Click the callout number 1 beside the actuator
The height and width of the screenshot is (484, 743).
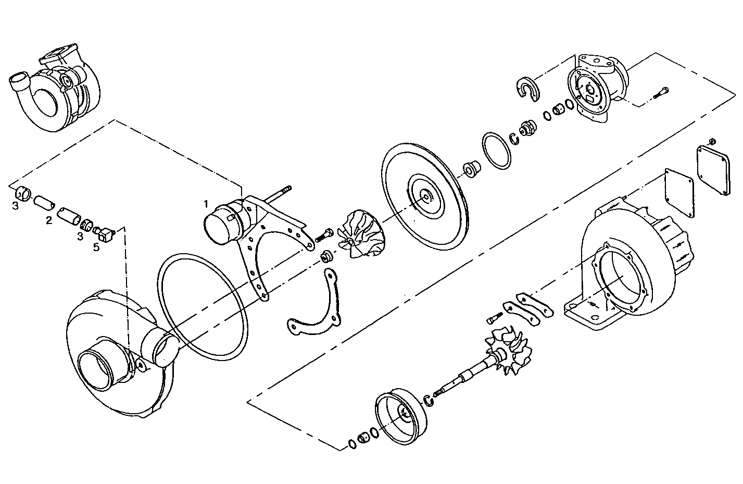pos(206,202)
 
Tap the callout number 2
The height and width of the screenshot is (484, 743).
pos(49,220)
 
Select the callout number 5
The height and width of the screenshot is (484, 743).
pos(96,247)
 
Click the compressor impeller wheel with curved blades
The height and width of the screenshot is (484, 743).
pos(357,233)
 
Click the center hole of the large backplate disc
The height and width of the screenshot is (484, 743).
pos(426,197)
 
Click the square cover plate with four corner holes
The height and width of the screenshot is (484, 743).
pos(716,171)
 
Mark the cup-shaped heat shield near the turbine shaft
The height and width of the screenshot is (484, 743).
pos(401,414)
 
